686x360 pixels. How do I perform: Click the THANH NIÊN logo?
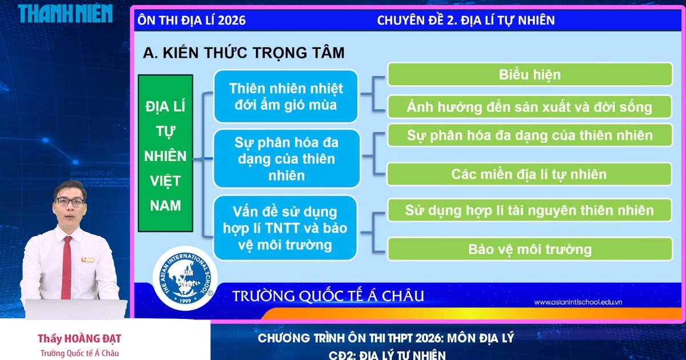click(x=65, y=13)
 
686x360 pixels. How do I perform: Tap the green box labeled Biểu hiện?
click(x=529, y=74)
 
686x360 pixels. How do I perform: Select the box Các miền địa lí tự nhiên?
click(x=529, y=174)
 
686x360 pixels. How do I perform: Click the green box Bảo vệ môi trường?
click(x=529, y=249)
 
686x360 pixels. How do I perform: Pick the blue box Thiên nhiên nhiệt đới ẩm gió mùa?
click(x=286, y=96)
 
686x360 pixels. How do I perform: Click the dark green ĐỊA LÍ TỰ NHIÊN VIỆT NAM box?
click(x=165, y=153)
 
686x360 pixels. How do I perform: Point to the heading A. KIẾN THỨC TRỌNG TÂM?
click(x=244, y=53)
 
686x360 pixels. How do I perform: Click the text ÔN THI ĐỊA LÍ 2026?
click(x=192, y=21)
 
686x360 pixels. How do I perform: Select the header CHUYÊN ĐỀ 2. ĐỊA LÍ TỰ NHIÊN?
click(x=466, y=21)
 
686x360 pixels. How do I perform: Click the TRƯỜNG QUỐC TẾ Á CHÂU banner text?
click(x=328, y=296)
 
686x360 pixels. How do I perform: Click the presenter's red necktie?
click(x=66, y=261)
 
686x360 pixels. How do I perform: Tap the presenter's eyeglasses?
click(x=70, y=202)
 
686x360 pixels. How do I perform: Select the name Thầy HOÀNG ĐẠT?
click(x=79, y=339)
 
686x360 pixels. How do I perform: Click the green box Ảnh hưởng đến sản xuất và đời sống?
click(x=529, y=107)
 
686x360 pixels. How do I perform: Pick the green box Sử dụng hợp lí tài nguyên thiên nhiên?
click(x=529, y=210)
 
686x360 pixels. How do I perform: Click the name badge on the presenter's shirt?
click(x=87, y=260)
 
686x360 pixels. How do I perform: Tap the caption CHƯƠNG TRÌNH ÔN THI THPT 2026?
click(x=386, y=338)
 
